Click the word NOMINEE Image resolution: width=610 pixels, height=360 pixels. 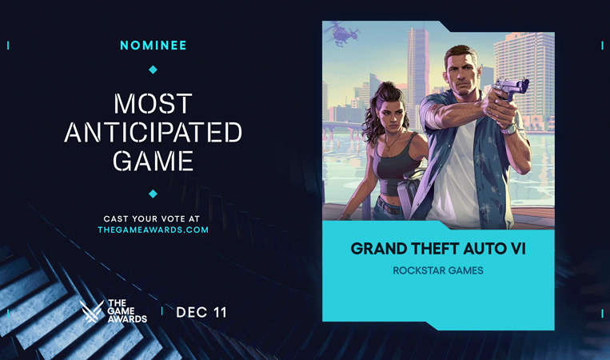(x=153, y=46)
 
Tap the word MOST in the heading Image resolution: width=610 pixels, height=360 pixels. (x=153, y=103)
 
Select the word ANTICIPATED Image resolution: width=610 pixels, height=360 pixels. (x=153, y=132)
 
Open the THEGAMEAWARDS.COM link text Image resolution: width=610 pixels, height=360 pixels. (x=153, y=230)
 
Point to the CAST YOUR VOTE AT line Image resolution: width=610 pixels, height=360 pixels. (x=153, y=218)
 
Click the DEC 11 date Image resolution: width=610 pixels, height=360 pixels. (x=201, y=312)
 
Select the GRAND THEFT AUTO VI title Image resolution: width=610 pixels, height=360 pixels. (x=438, y=248)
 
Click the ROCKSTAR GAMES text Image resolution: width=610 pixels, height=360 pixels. (x=438, y=270)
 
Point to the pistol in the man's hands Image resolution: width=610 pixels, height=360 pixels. (x=509, y=89)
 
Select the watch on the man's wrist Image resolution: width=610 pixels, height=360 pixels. (x=508, y=126)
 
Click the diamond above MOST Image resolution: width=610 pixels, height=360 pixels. (x=153, y=70)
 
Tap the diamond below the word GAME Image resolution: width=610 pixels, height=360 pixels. (x=153, y=194)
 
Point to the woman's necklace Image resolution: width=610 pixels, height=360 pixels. (x=389, y=144)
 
